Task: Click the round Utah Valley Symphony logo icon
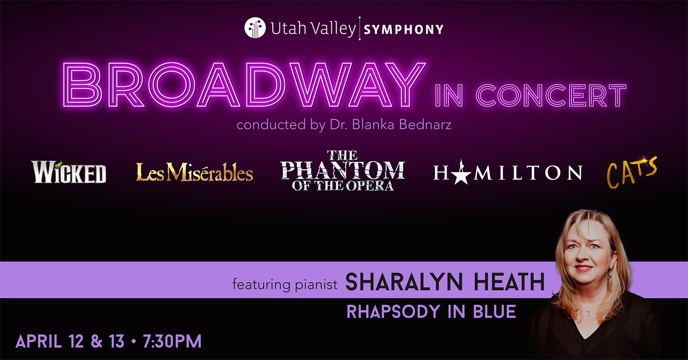tap(255, 28)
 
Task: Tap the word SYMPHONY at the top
tap(404, 30)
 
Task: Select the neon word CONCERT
tap(551, 96)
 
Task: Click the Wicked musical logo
tap(69, 172)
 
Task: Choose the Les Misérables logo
tap(194, 172)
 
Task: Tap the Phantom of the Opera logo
tap(343, 171)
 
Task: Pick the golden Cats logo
tap(631, 172)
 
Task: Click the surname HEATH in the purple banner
tap(509, 282)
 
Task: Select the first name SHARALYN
tap(404, 282)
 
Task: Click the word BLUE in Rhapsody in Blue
tap(495, 312)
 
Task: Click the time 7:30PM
tap(172, 341)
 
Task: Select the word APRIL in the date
tap(39, 341)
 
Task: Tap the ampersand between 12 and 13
tap(97, 341)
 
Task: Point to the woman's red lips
tap(584, 268)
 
